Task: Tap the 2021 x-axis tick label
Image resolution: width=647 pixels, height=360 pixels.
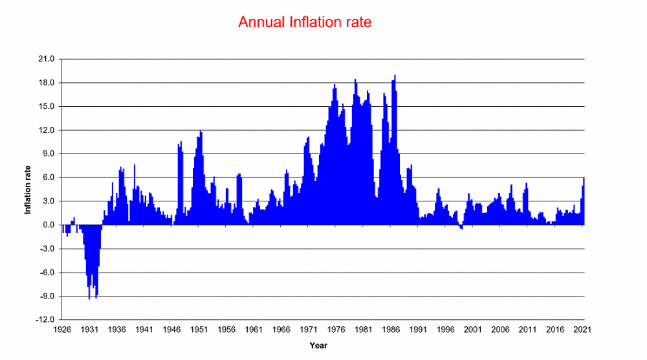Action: (584, 329)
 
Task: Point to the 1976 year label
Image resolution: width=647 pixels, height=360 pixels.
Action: (336, 329)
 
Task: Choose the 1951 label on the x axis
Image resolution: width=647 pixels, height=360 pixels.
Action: (199, 329)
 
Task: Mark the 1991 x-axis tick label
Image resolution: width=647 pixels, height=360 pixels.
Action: (419, 329)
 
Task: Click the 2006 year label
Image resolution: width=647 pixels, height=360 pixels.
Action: (501, 329)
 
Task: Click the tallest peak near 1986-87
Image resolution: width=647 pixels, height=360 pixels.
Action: (395, 76)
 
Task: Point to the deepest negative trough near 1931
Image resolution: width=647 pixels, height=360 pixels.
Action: (89, 298)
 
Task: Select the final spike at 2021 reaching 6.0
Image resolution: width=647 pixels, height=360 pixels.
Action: (583, 179)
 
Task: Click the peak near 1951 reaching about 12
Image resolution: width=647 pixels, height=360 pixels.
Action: (201, 132)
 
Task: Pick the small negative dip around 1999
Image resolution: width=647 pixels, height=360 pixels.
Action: (461, 228)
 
